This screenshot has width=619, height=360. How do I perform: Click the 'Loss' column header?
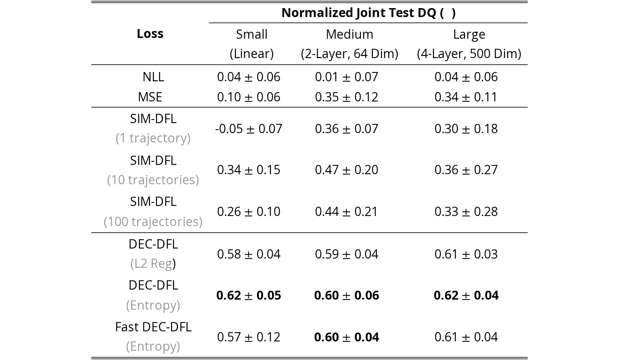[150, 34]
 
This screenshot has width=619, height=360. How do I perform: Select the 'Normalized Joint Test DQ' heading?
[358, 13]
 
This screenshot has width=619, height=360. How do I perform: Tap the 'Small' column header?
[251, 34]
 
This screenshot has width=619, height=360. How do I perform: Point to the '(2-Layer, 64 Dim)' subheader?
[349, 54]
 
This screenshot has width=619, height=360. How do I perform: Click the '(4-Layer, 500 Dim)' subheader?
[469, 54]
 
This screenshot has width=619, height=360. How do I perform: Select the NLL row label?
[153, 77]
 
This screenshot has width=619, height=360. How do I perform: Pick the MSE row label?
[150, 97]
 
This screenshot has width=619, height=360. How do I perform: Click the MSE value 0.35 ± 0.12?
[347, 97]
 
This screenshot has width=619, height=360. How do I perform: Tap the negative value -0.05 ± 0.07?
[249, 129]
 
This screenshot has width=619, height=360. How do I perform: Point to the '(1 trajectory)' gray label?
[153, 138]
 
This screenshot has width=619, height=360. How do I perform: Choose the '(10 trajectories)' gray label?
[153, 180]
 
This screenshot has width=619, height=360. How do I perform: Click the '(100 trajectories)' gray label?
[153, 222]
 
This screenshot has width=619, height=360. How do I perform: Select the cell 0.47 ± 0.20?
[347, 170]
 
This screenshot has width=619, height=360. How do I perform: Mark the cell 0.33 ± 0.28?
[466, 211]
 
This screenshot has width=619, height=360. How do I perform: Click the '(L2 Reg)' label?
[153, 264]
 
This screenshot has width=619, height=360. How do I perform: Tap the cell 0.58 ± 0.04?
[249, 254]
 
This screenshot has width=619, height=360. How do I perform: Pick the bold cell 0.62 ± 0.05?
[249, 295]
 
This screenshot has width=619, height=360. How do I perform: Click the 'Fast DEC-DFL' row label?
[153, 327]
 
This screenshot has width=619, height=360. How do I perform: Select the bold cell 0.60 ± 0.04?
[347, 337]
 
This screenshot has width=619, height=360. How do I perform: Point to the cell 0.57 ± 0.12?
[249, 337]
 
